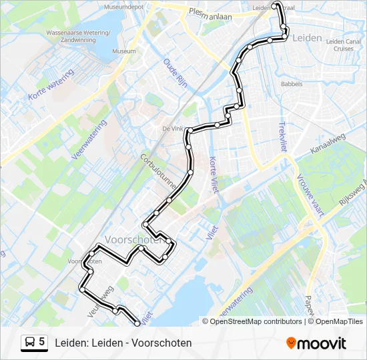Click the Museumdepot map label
(x=123, y=7)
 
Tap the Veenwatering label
(x=89, y=140)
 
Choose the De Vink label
(x=172, y=129)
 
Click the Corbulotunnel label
(x=155, y=171)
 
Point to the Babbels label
(x=292, y=85)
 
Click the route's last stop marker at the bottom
(x=138, y=323)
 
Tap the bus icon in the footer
(x=30, y=342)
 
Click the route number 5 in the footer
(x=42, y=341)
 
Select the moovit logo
(x=316, y=343)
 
